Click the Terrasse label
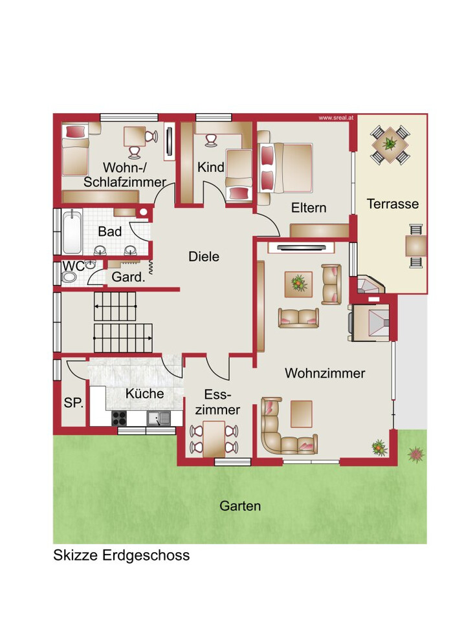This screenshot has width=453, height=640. (393, 204)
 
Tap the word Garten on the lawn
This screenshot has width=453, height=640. (240, 506)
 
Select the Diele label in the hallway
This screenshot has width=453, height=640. (204, 257)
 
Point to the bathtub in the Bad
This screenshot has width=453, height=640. (72, 231)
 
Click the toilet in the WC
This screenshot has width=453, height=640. (69, 277)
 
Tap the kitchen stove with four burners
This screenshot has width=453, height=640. (119, 418)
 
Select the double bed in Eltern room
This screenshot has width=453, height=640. (286, 167)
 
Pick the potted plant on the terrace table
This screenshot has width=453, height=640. (390, 144)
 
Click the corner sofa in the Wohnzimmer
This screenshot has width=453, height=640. (282, 432)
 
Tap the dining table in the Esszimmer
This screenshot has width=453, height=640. (214, 439)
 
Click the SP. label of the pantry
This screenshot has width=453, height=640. (74, 403)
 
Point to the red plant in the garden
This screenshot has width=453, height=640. (416, 454)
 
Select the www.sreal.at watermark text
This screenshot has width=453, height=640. (333, 118)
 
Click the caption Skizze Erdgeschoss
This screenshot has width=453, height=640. (121, 555)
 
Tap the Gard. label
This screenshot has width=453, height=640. (128, 277)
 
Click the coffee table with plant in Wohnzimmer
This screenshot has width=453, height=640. (298, 284)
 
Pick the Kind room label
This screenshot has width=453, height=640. (211, 167)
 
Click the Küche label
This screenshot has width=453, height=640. (144, 394)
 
